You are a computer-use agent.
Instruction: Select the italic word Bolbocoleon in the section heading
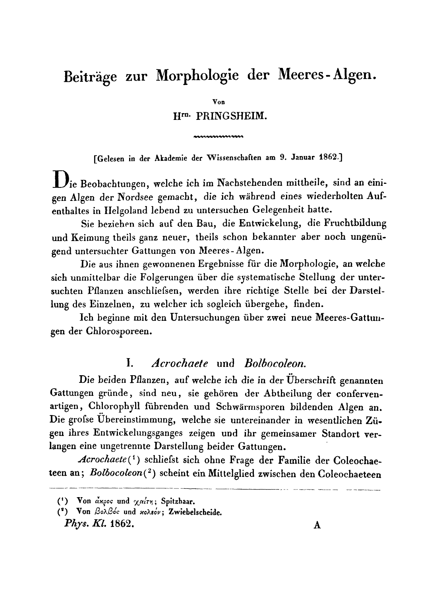(275, 363)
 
